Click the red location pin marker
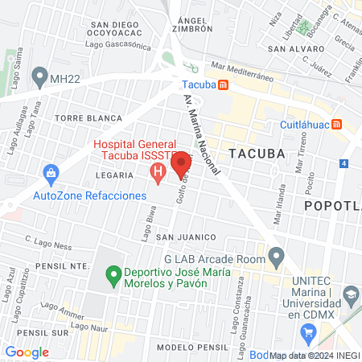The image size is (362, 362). [181, 164]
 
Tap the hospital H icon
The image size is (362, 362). [158, 171]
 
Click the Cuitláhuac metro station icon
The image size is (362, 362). [339, 125]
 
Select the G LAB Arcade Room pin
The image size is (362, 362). [277, 259]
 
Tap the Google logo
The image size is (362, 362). [27, 352]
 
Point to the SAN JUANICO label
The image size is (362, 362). [187, 237]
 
